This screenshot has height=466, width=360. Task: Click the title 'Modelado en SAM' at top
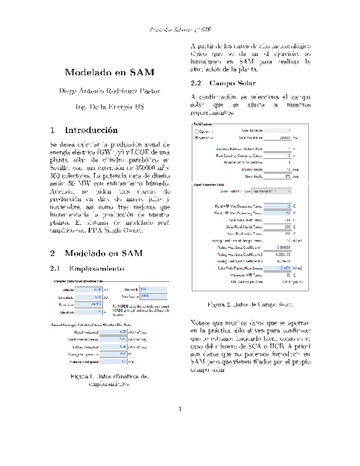(109, 73)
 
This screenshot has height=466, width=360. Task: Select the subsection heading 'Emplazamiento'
(96, 269)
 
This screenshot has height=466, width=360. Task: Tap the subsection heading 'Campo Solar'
(227, 84)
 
